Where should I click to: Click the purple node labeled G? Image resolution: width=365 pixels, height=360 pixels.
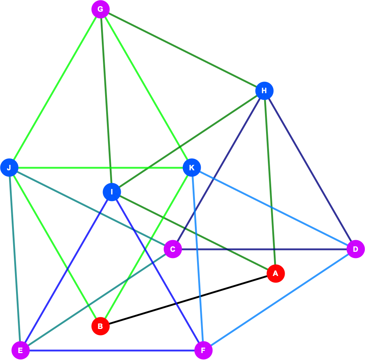(x=101, y=10)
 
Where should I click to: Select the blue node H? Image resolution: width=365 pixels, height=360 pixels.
(x=264, y=91)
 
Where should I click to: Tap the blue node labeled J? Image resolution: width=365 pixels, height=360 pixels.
(x=9, y=168)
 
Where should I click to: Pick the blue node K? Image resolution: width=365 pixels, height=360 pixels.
(x=192, y=168)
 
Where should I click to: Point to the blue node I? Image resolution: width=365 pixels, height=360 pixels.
(x=112, y=192)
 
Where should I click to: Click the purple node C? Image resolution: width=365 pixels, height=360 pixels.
(x=173, y=249)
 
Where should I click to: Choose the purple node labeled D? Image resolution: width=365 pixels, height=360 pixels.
(x=356, y=249)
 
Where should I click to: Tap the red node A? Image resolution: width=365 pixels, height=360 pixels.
(x=276, y=273)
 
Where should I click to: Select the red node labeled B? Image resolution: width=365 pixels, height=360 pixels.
(x=101, y=326)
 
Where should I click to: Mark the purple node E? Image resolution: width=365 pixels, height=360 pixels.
(x=20, y=350)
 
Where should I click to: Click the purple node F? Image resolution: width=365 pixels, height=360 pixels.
(x=203, y=350)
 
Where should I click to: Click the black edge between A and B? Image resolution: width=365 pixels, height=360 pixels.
(x=188, y=300)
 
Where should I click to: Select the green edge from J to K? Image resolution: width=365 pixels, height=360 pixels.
(x=101, y=168)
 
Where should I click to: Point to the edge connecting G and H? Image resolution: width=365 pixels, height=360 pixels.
(x=182, y=50)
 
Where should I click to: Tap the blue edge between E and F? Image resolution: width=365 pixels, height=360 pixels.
(x=112, y=350)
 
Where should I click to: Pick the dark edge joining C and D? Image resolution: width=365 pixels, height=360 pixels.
(x=264, y=249)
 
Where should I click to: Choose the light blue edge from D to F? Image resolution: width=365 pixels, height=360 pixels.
(x=280, y=300)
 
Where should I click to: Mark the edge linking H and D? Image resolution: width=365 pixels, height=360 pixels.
(x=310, y=170)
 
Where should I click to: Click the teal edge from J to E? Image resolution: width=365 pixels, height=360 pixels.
(x=15, y=259)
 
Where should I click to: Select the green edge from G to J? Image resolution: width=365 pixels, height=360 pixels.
(x=55, y=88)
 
